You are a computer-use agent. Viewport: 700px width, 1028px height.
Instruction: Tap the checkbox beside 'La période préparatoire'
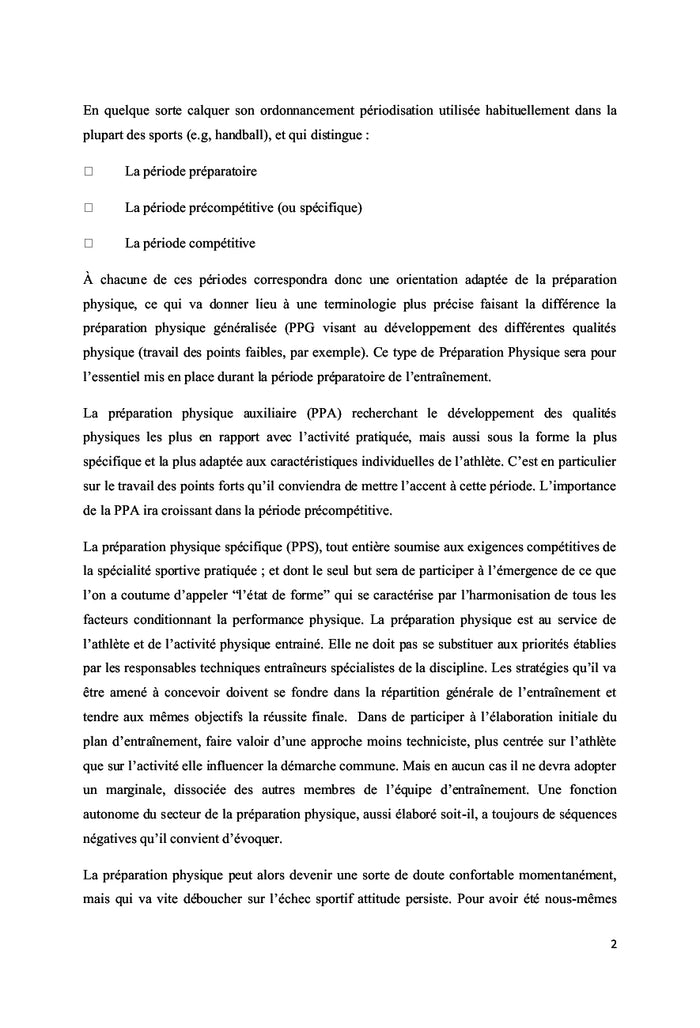click(88, 171)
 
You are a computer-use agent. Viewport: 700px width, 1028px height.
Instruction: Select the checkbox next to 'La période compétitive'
click(88, 242)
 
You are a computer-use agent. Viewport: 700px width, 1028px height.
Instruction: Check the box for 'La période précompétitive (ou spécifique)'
click(88, 207)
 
